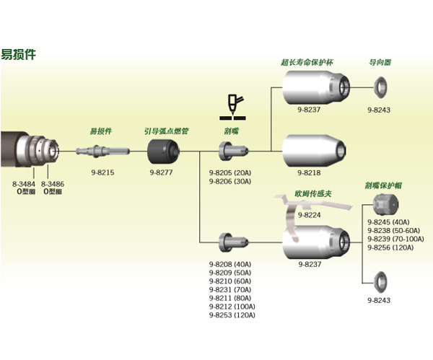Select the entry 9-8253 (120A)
(233, 315)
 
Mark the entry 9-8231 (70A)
(232, 289)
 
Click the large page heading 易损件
(18, 54)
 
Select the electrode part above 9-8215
(103, 150)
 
